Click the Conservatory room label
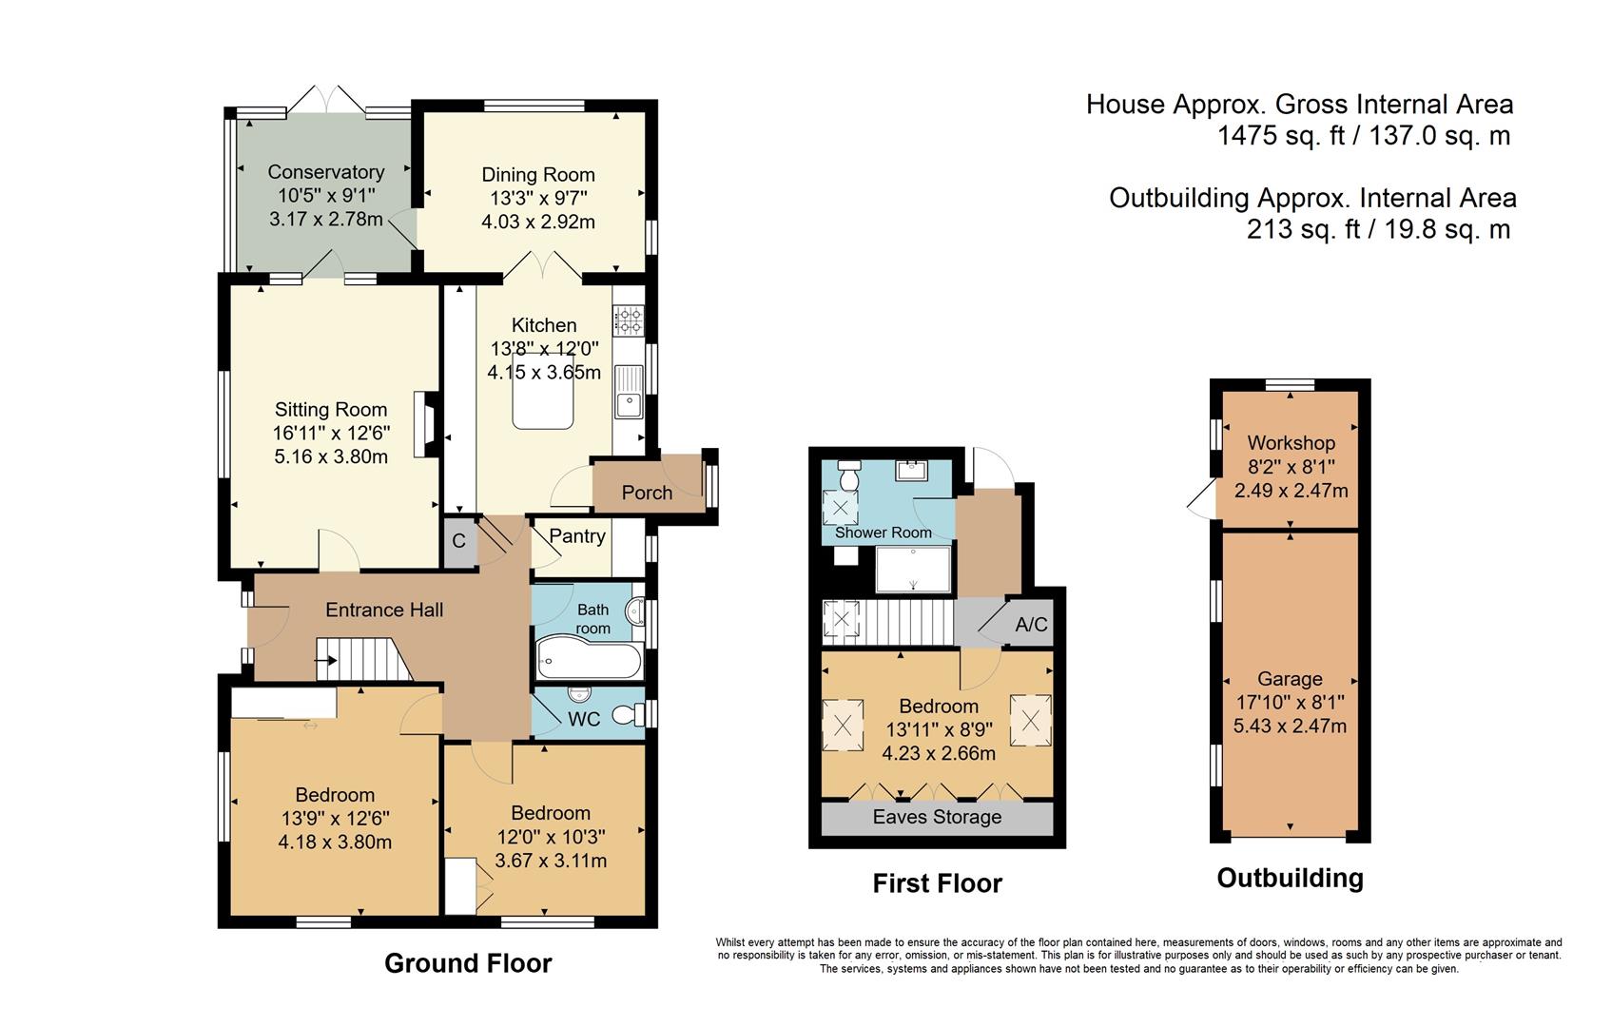325,172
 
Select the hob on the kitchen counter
629,320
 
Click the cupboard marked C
459,542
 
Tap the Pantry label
577,536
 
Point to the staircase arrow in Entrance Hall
326,660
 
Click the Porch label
647,493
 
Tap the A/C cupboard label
1031,625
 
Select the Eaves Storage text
937,817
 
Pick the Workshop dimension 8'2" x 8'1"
1291,467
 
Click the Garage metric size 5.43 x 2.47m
1290,727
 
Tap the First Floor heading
937,883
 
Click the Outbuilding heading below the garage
1290,878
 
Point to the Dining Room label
538,175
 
